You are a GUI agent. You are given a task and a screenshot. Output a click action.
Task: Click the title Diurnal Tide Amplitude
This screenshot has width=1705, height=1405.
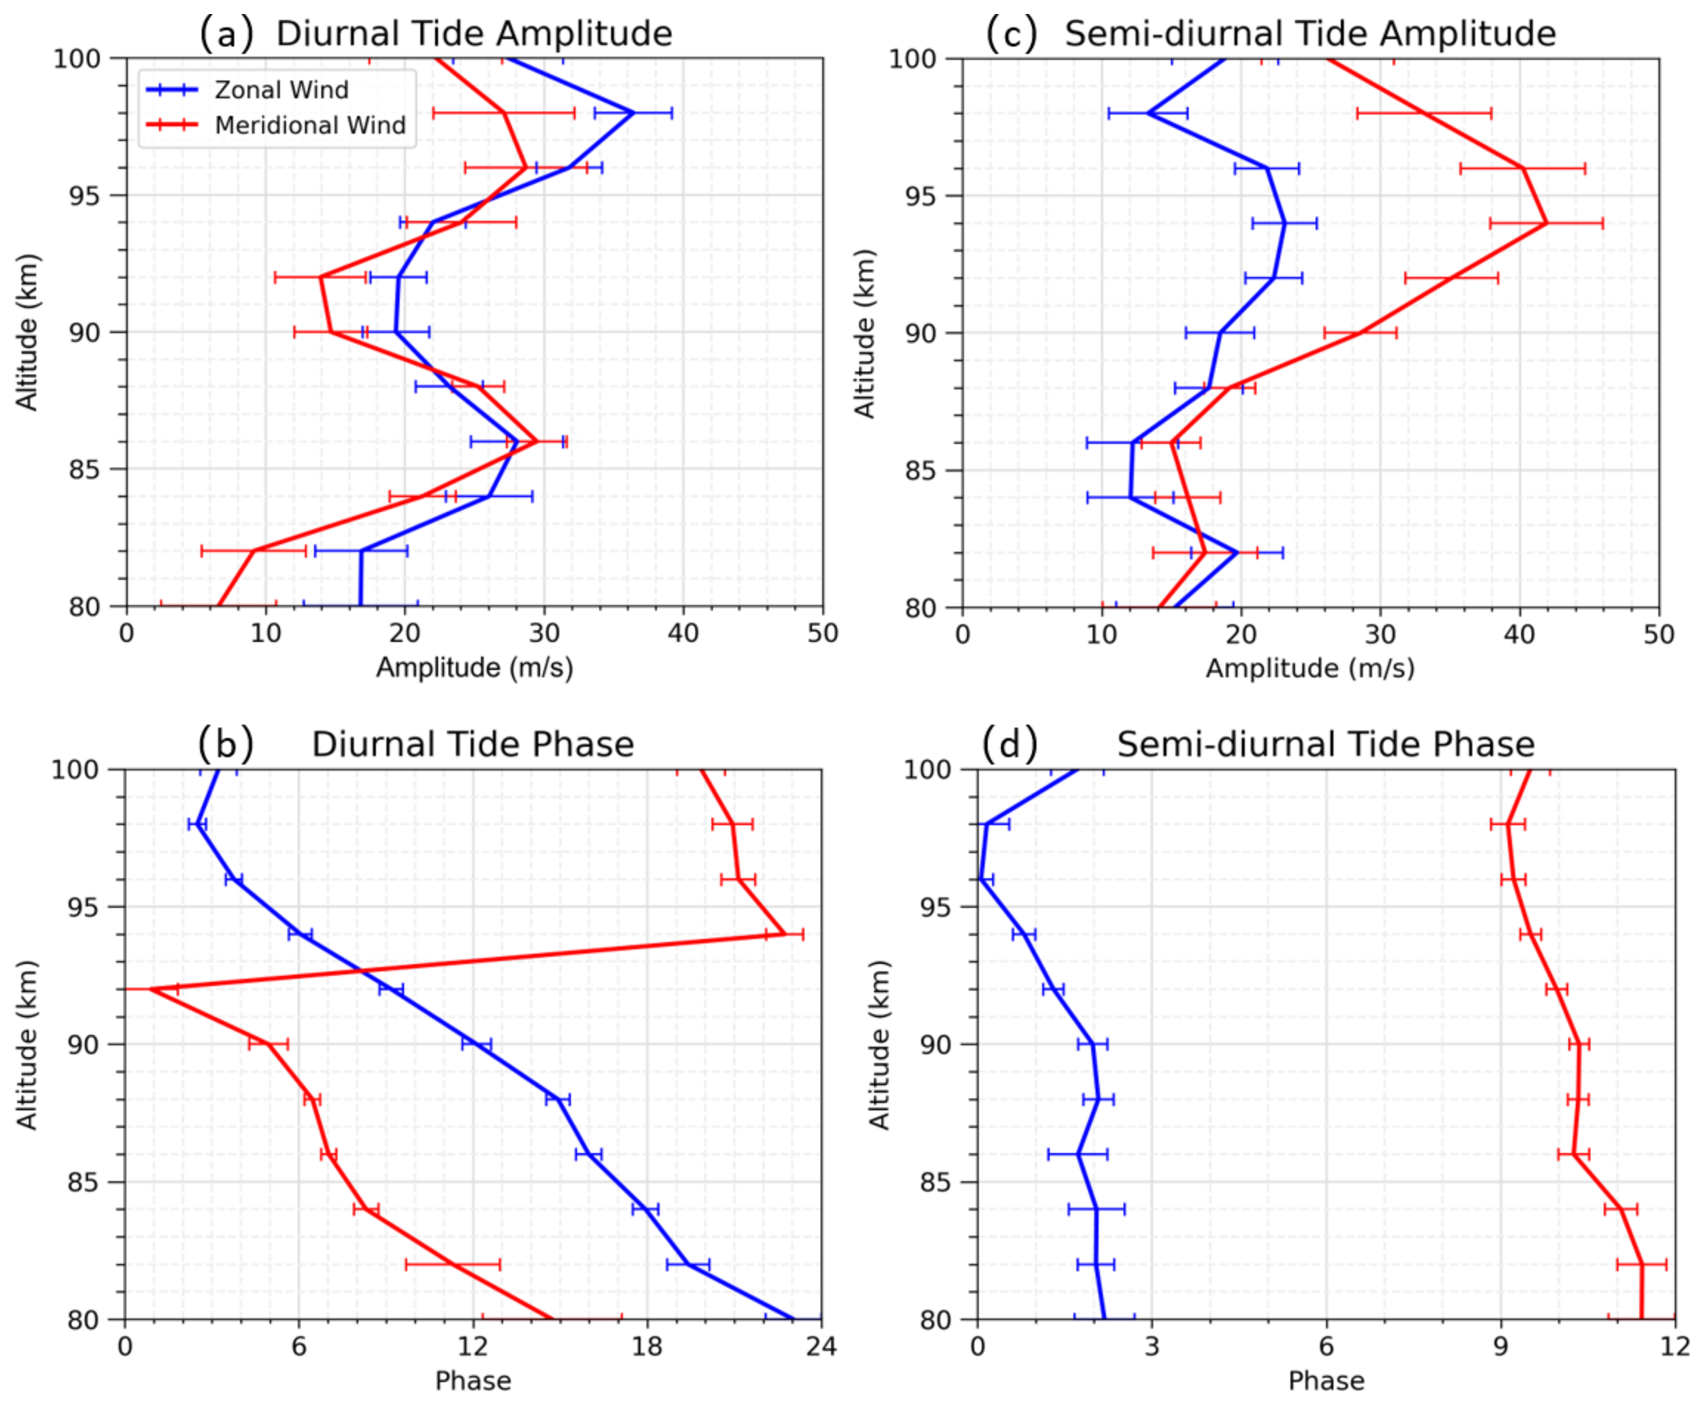click(474, 34)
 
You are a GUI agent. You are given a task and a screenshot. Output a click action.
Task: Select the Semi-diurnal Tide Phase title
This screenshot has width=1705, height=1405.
click(1325, 744)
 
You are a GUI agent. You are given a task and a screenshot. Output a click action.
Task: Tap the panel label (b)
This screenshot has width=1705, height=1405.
click(226, 745)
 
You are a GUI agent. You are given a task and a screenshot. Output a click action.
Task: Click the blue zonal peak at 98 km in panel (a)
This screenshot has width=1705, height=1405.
click(634, 113)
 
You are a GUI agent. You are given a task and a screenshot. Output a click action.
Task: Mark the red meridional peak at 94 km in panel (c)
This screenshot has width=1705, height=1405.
click(1546, 223)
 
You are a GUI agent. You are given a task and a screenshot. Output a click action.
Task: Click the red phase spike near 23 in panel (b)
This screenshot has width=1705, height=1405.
click(784, 934)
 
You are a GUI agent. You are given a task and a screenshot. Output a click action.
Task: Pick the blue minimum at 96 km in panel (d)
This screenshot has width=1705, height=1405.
click(981, 879)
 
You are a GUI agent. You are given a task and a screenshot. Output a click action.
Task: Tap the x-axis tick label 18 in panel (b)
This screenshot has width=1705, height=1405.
click(647, 1347)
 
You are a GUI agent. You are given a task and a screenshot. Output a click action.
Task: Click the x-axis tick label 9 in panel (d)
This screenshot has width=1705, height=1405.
click(1501, 1347)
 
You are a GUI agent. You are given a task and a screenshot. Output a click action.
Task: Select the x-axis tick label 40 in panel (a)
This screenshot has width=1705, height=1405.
click(683, 634)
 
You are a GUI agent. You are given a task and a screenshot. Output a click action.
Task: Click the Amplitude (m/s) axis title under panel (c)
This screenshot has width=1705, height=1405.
click(1310, 669)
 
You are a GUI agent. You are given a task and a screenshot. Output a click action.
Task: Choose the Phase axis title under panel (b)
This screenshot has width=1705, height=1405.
click(474, 1381)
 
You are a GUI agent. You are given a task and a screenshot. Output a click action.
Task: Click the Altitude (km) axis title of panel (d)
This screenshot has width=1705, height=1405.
click(879, 1045)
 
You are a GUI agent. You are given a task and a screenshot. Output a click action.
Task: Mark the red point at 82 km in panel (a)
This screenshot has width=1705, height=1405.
click(254, 551)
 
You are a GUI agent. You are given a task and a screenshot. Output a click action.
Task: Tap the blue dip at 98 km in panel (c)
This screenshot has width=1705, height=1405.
click(1147, 113)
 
